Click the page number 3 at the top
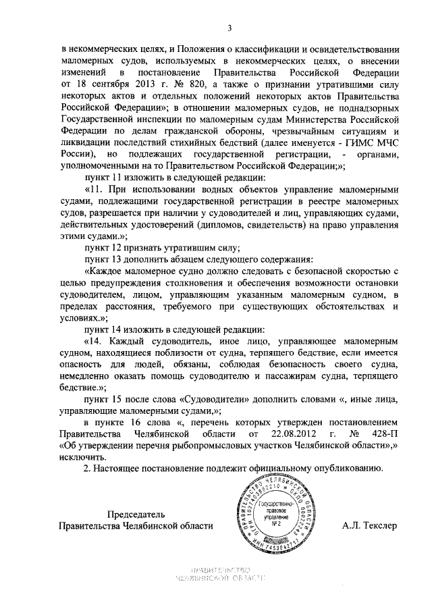coord(230,28)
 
